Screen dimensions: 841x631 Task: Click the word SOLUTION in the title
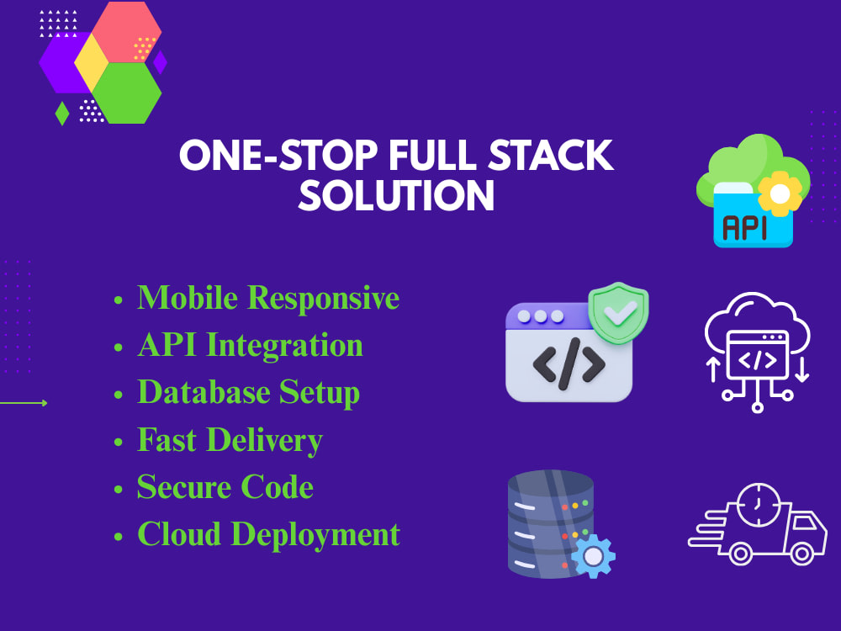(x=396, y=196)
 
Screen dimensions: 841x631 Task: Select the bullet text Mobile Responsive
(x=268, y=297)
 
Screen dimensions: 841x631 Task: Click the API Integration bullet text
(x=250, y=344)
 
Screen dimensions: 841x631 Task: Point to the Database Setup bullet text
(x=248, y=392)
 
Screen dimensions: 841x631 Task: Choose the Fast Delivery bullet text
(x=230, y=440)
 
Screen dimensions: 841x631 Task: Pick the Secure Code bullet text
(x=225, y=486)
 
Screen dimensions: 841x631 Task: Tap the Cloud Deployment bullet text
(x=269, y=534)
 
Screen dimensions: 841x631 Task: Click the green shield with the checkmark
(x=618, y=312)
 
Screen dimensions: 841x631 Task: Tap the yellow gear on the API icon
(x=780, y=194)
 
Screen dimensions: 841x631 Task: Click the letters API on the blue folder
(x=744, y=227)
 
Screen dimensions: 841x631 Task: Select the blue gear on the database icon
(x=593, y=556)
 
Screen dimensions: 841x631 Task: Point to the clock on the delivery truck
(x=759, y=505)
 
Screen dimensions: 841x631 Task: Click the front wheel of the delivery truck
(x=801, y=554)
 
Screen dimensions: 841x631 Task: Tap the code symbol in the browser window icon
(x=569, y=363)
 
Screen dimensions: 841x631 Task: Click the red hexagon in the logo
(x=127, y=32)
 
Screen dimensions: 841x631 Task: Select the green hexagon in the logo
(x=127, y=93)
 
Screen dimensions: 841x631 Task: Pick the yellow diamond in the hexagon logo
(x=92, y=62)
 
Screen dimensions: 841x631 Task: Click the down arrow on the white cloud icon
(x=801, y=369)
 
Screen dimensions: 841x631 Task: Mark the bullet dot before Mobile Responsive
(x=119, y=300)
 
